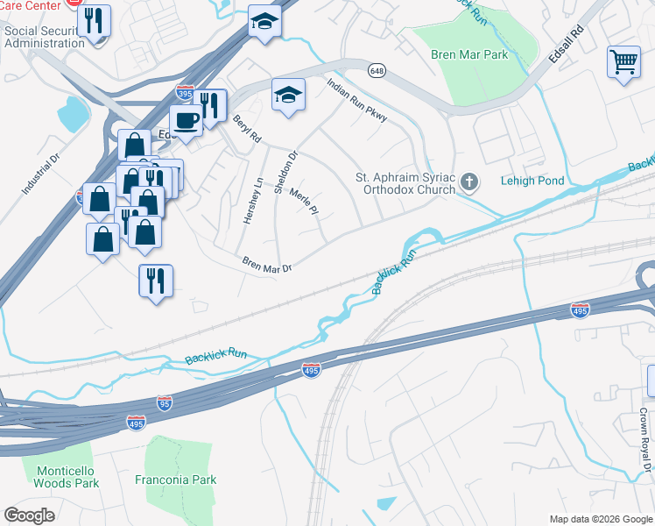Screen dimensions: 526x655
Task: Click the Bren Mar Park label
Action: click(x=468, y=54)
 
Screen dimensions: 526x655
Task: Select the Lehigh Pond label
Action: click(x=533, y=181)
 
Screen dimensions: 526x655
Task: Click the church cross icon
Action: click(x=469, y=182)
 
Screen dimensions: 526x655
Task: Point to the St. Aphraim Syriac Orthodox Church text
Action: click(x=405, y=182)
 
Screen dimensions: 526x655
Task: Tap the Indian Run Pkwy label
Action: click(x=356, y=102)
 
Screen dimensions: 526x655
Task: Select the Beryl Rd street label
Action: click(x=247, y=128)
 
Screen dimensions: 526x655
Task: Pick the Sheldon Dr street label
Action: click(x=286, y=172)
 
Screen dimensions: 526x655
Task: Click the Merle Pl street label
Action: click(x=302, y=203)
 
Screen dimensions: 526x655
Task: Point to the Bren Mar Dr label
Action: click(x=266, y=265)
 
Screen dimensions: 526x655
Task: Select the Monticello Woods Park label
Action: click(x=67, y=477)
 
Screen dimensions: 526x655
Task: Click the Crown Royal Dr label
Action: click(x=642, y=438)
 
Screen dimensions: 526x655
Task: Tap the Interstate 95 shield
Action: click(x=164, y=402)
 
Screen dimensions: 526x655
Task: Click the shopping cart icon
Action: click(x=623, y=61)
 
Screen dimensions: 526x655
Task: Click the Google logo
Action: click(x=29, y=515)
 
